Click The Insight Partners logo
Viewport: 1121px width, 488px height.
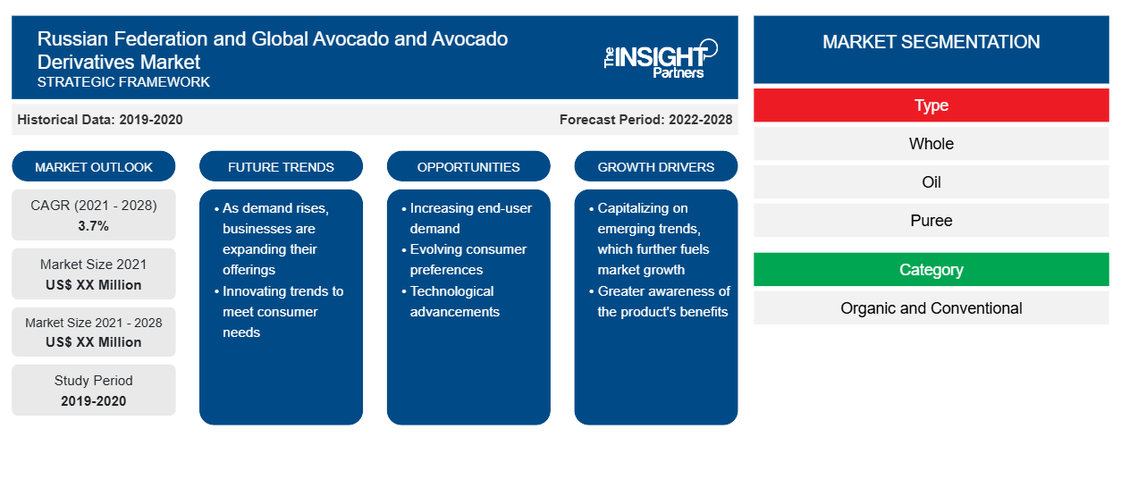(x=661, y=59)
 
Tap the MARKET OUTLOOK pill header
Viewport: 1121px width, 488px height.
(x=94, y=166)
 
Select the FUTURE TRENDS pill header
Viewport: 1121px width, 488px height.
(x=281, y=166)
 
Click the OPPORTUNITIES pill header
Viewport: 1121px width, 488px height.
(x=468, y=166)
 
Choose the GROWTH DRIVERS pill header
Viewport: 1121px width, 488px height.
(x=655, y=166)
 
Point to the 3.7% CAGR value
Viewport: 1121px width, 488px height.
(x=94, y=226)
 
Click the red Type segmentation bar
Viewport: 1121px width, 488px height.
(x=931, y=105)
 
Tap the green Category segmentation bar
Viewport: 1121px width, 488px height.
(x=931, y=269)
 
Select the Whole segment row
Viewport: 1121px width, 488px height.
(x=931, y=144)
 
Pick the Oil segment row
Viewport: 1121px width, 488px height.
(x=931, y=182)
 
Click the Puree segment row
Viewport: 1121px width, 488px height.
(x=931, y=220)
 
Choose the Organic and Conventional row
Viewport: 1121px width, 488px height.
(x=931, y=307)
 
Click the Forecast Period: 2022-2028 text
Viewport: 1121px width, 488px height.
(x=645, y=120)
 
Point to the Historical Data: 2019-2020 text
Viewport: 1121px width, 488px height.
(x=100, y=120)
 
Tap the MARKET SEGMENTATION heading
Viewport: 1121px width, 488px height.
(x=931, y=41)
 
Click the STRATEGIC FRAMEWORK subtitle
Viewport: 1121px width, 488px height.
(x=123, y=81)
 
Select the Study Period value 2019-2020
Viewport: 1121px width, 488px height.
(x=94, y=401)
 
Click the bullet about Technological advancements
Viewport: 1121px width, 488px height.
(x=451, y=301)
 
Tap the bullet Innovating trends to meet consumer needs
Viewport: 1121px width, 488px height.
(x=279, y=311)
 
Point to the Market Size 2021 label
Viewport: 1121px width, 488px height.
(x=94, y=265)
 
